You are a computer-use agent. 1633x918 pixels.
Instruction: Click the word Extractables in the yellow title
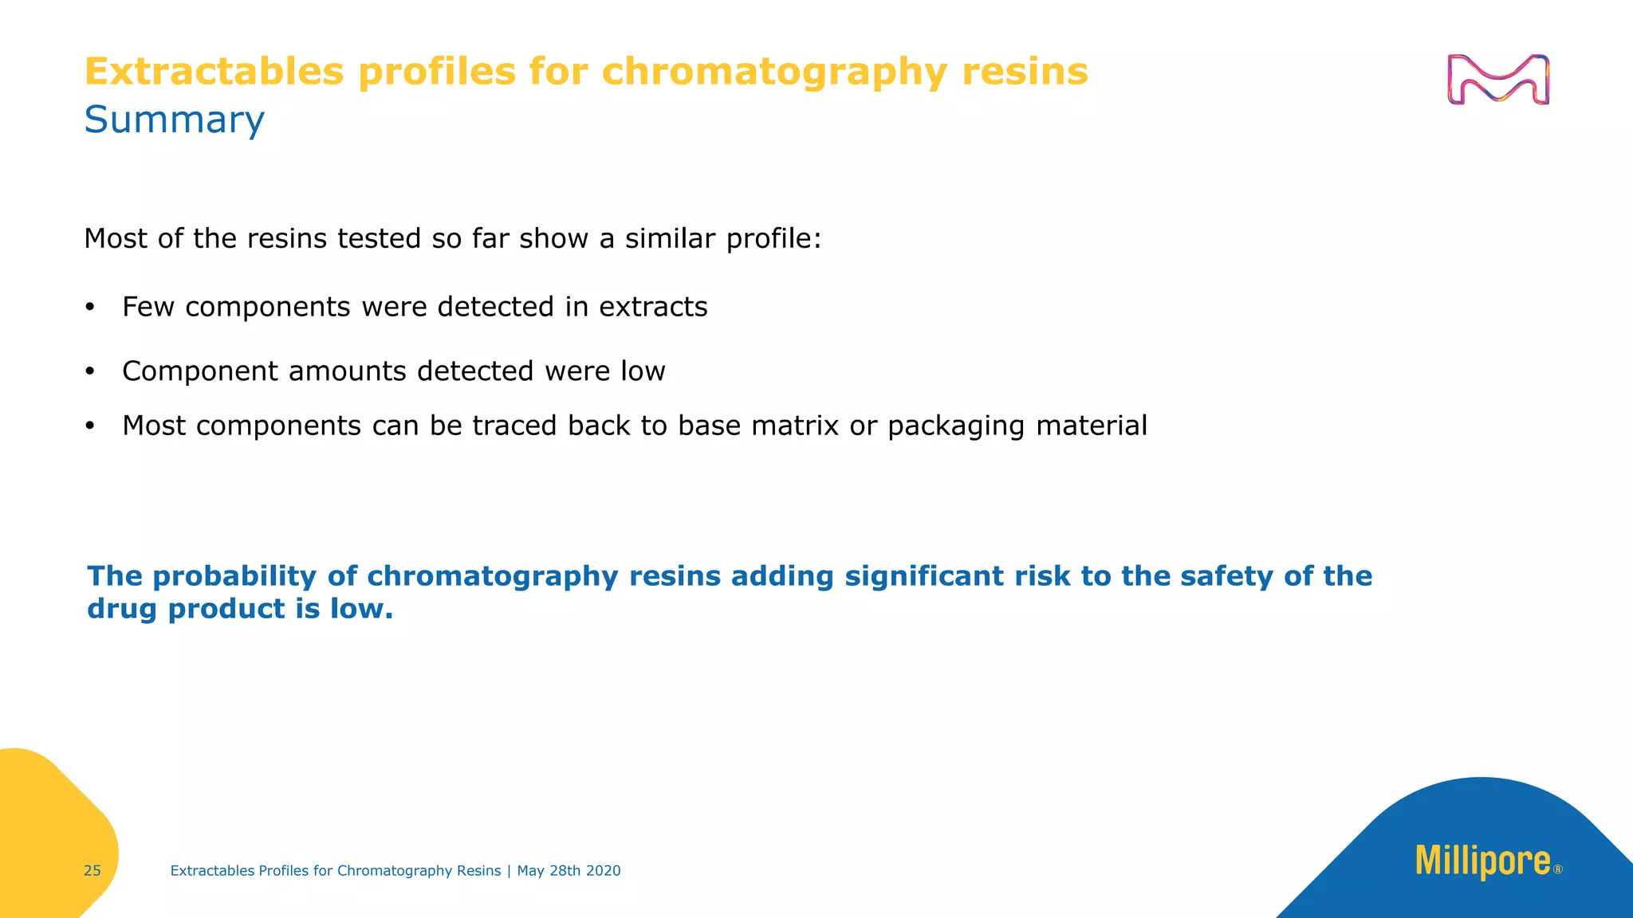click(x=214, y=72)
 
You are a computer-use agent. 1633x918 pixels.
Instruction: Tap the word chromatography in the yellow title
click(x=774, y=72)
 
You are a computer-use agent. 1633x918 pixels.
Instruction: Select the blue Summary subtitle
click(x=174, y=120)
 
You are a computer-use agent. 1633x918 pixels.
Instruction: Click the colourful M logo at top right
click(x=1497, y=80)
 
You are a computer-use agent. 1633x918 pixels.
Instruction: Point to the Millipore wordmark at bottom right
click(x=1482, y=862)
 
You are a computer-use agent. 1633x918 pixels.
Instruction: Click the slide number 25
click(x=92, y=871)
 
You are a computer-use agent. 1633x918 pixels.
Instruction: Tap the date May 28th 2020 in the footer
click(x=569, y=871)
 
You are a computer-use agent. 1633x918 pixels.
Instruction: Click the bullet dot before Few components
click(x=90, y=308)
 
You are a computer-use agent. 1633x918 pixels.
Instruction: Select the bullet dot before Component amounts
click(x=90, y=372)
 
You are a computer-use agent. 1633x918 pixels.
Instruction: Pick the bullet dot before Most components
click(x=90, y=427)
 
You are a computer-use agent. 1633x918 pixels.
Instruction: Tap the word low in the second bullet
click(x=643, y=371)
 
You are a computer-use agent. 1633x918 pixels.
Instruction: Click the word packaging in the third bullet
click(x=956, y=426)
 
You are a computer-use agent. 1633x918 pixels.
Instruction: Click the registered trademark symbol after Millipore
click(x=1558, y=870)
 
